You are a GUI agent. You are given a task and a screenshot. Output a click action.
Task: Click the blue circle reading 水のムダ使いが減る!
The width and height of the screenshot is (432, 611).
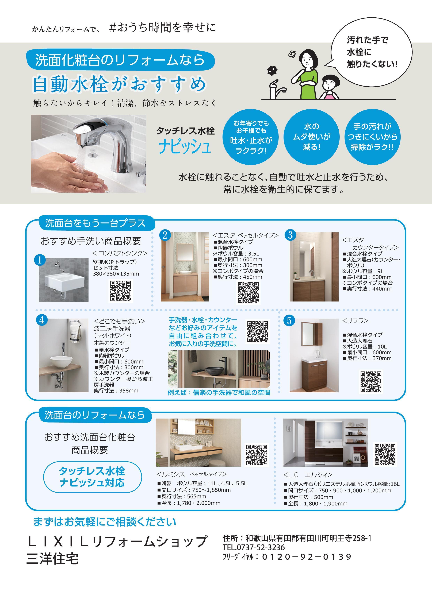pyautogui.click(x=311, y=137)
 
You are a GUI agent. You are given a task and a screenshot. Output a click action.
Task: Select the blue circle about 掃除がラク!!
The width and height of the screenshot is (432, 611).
pyautogui.click(x=373, y=137)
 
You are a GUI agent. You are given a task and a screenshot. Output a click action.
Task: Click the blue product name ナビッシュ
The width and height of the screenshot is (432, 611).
pyautogui.click(x=185, y=147)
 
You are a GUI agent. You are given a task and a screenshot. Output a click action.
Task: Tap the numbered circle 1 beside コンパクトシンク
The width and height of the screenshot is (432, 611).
pyautogui.click(x=40, y=260)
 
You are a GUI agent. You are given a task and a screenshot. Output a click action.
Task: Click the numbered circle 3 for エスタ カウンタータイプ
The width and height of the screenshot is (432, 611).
pyautogui.click(x=290, y=235)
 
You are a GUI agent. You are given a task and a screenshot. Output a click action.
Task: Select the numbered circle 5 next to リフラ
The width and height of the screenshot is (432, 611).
pyautogui.click(x=289, y=320)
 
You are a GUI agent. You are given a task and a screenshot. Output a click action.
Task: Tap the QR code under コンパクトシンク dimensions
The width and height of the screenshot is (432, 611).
pyautogui.click(x=121, y=291)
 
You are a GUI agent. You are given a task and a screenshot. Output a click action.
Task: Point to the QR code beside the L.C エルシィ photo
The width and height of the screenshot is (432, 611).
pyautogui.click(x=385, y=454)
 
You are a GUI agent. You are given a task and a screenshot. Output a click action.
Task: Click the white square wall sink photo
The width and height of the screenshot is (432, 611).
pyautogui.click(x=64, y=279)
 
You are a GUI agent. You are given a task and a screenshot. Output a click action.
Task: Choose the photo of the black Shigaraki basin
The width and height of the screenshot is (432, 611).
pyautogui.click(x=219, y=369)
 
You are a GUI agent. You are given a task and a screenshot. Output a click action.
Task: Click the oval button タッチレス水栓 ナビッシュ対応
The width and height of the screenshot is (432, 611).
pyautogui.click(x=92, y=477)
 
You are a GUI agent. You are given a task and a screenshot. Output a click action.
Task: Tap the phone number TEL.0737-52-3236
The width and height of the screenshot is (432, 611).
pyautogui.click(x=254, y=547)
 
